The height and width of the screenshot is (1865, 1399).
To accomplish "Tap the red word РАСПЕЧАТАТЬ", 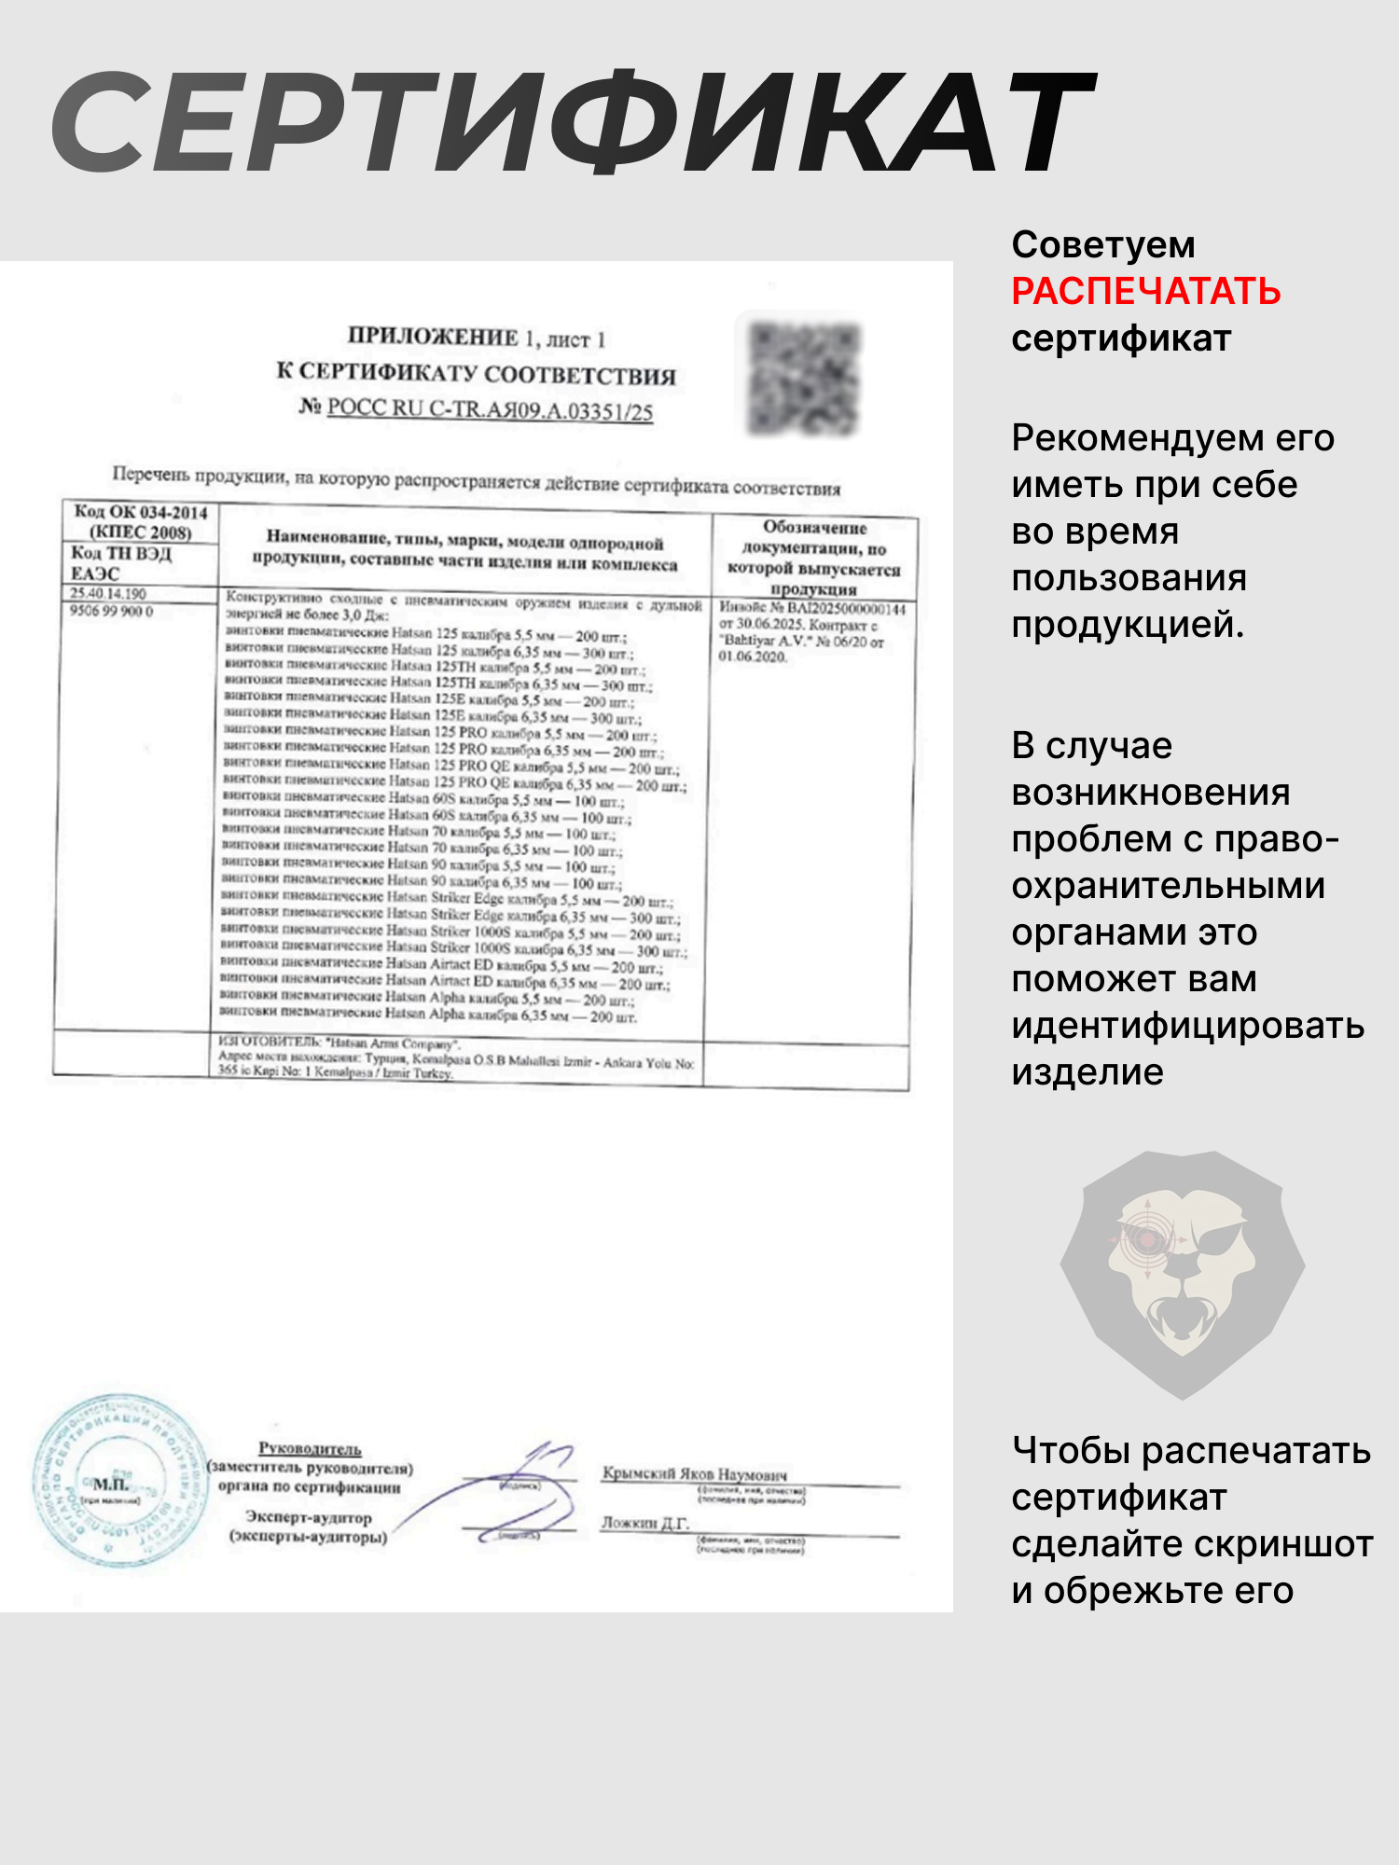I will coord(1145,291).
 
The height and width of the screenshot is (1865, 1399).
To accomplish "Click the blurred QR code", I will coord(803,378).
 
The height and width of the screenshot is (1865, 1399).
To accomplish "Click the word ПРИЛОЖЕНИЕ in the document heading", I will coord(433,337).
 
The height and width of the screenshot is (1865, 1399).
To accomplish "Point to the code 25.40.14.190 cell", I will coord(108,594).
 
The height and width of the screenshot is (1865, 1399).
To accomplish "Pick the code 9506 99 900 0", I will coord(111,612).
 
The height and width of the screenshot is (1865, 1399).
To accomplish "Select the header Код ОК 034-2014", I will coord(141,512).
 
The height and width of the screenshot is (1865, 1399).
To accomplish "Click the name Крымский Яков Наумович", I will coord(694,1474).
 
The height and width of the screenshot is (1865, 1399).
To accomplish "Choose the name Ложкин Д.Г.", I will coord(644,1523).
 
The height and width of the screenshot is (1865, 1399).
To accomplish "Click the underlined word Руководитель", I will coord(310,1448).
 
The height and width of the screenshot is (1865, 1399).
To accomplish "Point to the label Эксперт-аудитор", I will coord(309,1517).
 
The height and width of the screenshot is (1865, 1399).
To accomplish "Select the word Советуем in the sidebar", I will coord(1102,245).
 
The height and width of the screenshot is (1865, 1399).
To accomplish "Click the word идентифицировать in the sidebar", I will coord(1187,1026).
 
